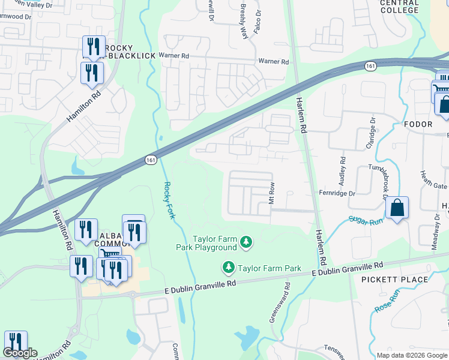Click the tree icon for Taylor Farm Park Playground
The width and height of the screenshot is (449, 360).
coord(246,242)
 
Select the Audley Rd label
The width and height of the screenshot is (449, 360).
coord(343,170)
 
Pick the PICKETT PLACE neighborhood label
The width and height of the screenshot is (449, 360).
coord(395,280)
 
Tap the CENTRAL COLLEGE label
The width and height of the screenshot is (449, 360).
coord(399,7)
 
